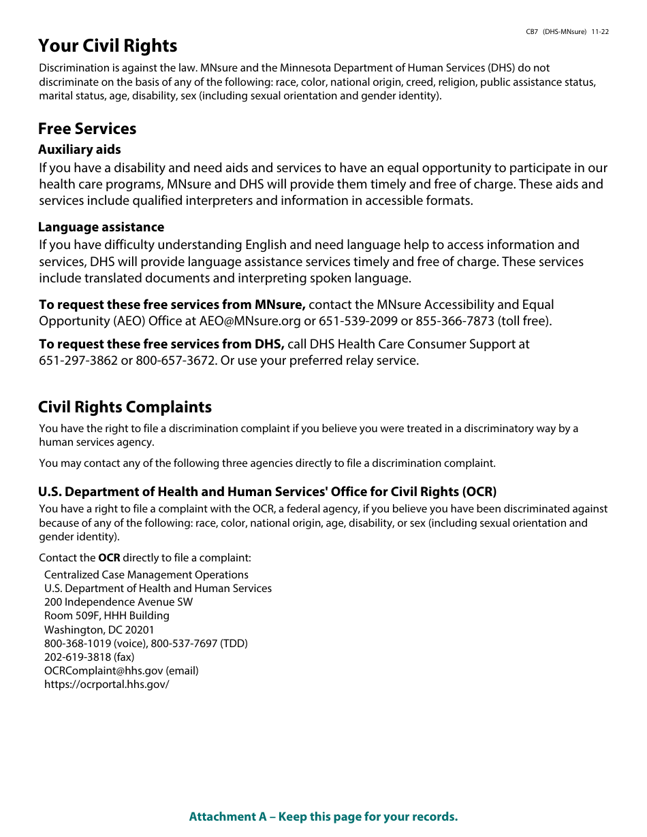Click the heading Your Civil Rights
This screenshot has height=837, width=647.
tap(108, 46)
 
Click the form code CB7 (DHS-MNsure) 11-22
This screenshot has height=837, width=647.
tap(567, 32)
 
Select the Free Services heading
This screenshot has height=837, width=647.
tap(87, 129)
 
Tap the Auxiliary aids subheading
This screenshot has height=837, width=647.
tap(80, 150)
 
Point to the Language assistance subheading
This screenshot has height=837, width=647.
tap(101, 227)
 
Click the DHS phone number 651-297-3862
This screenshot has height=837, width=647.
tap(78, 361)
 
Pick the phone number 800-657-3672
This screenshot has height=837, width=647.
tap(175, 361)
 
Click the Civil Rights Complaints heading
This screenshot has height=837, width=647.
tap(125, 408)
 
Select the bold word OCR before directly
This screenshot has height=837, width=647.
tap(109, 558)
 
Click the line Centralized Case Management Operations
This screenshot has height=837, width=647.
tap(146, 575)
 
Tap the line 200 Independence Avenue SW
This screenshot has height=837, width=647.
tap(119, 602)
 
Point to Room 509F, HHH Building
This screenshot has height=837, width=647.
tap(107, 616)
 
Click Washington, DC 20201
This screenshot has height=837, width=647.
tap(99, 630)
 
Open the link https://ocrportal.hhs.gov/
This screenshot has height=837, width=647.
tap(107, 685)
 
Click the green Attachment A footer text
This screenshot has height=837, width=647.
tap(323, 817)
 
